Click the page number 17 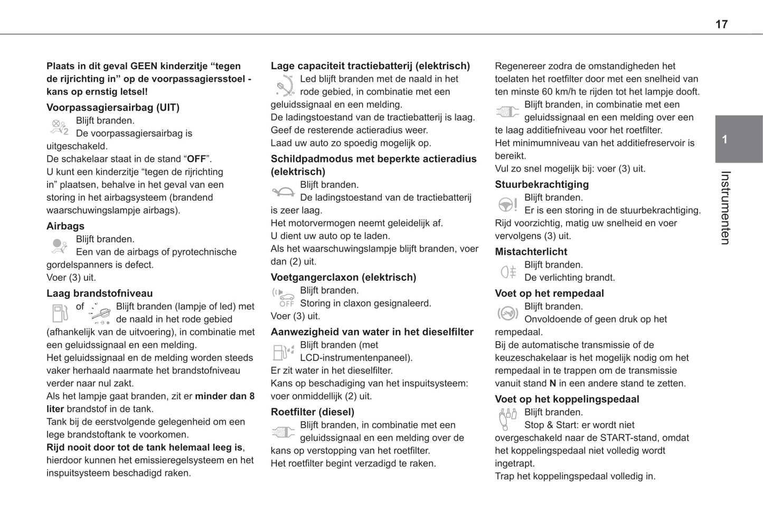[721, 24]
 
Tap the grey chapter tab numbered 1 [738, 139]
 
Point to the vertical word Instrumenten [726, 208]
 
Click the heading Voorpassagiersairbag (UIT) [113, 108]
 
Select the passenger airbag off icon [59, 127]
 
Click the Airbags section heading [65, 226]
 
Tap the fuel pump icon [59, 313]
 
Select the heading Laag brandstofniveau [99, 294]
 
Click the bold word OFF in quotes [196, 159]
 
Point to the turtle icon [284, 192]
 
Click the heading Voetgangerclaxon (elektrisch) [343, 277]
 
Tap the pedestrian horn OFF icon [284, 297]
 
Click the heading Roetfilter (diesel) [312, 412]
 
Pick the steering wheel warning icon [507, 204]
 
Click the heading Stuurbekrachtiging [542, 184]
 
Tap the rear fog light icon [508, 272]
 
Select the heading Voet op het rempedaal [549, 294]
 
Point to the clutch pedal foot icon [507, 419]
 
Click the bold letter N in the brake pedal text [553, 384]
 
